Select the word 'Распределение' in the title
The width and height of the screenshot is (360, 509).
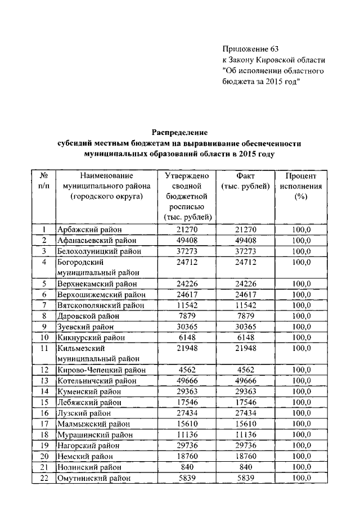point(180,133)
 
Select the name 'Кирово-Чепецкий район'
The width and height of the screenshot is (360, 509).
point(102,370)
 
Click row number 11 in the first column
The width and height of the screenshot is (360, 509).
point(43,349)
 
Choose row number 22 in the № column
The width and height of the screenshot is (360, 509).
point(43,478)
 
